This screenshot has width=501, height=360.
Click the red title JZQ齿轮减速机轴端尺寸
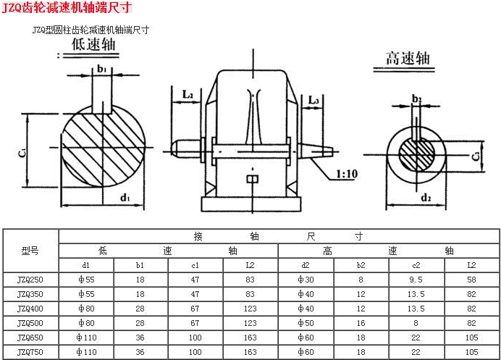coord(67,7)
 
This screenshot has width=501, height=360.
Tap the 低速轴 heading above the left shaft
coord(93,44)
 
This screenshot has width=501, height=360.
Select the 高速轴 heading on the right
coord(408,58)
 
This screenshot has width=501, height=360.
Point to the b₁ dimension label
coord(101,69)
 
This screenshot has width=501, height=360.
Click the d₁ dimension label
coord(125,198)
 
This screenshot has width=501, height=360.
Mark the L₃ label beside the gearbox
coord(313,101)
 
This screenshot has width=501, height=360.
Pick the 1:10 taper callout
coord(347,174)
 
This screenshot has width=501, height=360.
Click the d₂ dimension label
coord(426,198)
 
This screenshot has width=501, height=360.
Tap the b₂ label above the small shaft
coord(416,99)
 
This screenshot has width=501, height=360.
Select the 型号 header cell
coord(30,251)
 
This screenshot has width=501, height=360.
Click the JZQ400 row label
coord(30,309)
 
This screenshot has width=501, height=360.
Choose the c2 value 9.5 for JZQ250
coord(416,280)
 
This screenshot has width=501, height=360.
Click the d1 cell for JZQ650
coord(87,338)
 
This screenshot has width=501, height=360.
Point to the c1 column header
coord(195,265)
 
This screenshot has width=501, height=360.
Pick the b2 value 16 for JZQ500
coord(361,323)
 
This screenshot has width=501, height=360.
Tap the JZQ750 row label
coord(30,352)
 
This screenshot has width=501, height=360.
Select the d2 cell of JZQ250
coord(306,280)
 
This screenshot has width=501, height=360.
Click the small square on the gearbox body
coord(253,179)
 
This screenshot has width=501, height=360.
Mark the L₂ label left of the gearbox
coord(188,94)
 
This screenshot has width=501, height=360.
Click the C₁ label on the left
coord(22,153)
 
